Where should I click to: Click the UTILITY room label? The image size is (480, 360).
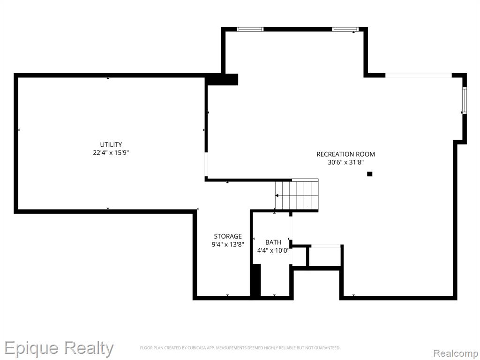(111, 144)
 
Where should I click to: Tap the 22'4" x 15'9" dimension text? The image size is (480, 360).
(111, 152)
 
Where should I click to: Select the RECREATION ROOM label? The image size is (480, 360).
(345, 154)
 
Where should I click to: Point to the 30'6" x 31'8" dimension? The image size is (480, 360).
(345, 162)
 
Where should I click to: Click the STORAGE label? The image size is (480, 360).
(228, 236)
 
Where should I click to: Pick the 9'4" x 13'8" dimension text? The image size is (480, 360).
(228, 244)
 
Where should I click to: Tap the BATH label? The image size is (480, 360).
(273, 242)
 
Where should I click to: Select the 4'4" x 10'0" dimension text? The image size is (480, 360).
(273, 250)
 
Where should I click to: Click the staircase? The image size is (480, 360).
(297, 195)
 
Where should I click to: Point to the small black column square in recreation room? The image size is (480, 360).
(369, 174)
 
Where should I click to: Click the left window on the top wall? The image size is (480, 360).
(250, 30)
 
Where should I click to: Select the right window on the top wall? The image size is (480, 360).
(345, 30)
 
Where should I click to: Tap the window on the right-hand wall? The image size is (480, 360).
(465, 100)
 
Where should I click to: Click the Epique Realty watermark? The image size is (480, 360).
(59, 348)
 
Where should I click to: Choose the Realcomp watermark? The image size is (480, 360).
(455, 353)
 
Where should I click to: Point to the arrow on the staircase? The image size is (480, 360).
(277, 195)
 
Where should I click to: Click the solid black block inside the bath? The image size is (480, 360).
(255, 280)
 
